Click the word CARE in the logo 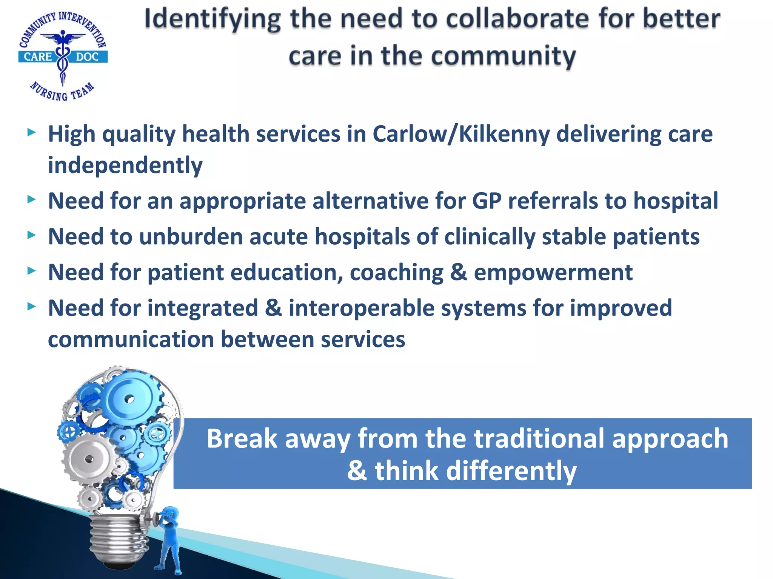pos(38,57)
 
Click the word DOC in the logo pos(87,57)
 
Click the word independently pos(125,165)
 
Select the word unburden pos(191,237)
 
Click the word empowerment pos(553,273)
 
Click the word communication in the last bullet pos(131,339)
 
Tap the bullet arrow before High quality pos(32,133)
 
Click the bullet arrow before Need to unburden pos(32,236)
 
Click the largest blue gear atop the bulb pos(129,399)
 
